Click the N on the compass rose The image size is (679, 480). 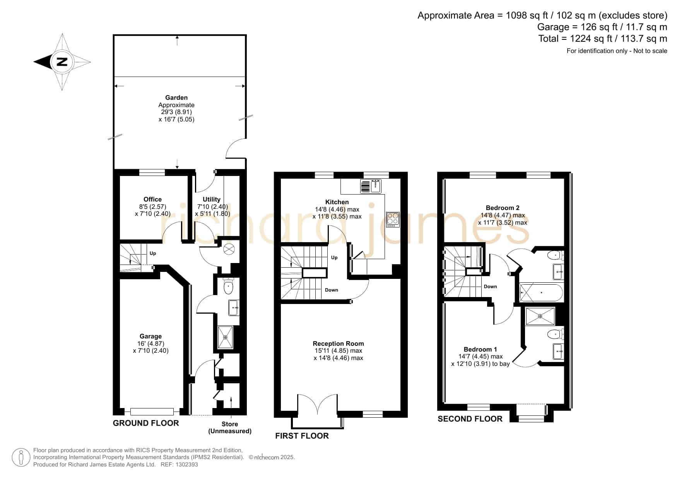62,62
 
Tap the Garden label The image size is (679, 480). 176,98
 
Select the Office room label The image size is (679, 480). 152,199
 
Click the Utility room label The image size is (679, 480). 211,199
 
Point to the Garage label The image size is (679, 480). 151,337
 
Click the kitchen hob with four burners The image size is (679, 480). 392,219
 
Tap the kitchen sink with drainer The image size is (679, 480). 371,186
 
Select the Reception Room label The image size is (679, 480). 338,343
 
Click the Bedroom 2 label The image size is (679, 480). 503,208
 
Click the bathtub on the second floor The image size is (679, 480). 541,293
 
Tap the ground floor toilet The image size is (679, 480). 229,287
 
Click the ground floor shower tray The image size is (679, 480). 226,337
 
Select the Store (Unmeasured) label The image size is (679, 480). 230,427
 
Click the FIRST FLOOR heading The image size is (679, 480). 302,436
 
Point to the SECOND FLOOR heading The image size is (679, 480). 470,419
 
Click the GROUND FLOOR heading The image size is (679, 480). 146,423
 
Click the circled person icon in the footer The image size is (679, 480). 21,458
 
